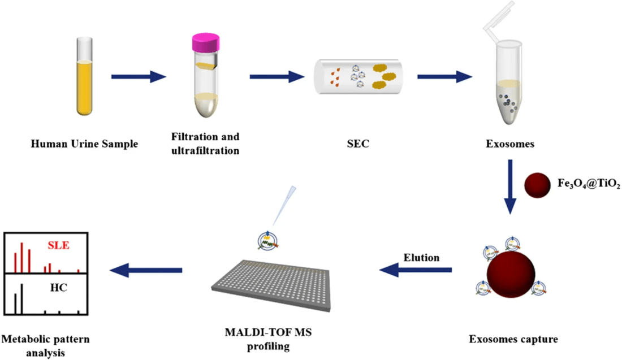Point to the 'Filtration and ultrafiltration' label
(x=205, y=144)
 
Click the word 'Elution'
(x=421, y=257)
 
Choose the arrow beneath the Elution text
(x=416, y=271)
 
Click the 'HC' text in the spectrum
(x=58, y=288)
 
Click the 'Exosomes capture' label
(x=513, y=340)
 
